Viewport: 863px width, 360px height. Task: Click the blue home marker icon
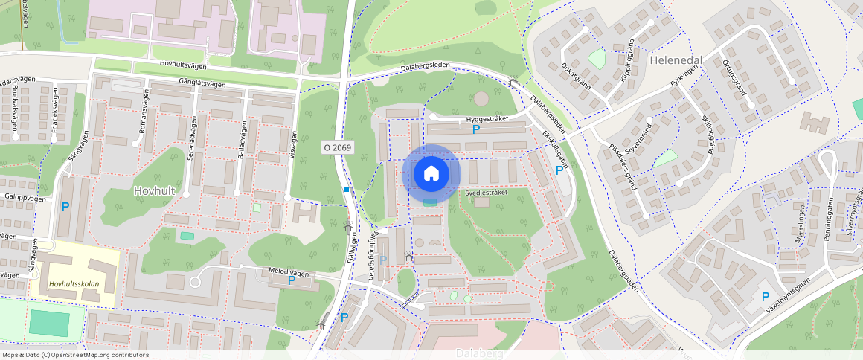pyautogui.click(x=431, y=174)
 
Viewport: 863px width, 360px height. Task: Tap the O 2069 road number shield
pyautogui.click(x=337, y=148)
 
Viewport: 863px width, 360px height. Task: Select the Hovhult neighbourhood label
pyautogui.click(x=154, y=191)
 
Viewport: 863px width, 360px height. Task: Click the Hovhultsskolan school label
pyautogui.click(x=74, y=284)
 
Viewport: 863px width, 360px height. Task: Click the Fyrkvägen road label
pyautogui.click(x=684, y=75)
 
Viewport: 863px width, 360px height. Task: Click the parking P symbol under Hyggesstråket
pyautogui.click(x=476, y=129)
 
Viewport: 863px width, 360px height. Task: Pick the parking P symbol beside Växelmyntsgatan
pyautogui.click(x=766, y=296)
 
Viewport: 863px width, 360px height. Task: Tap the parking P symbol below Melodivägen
pyautogui.click(x=292, y=280)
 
